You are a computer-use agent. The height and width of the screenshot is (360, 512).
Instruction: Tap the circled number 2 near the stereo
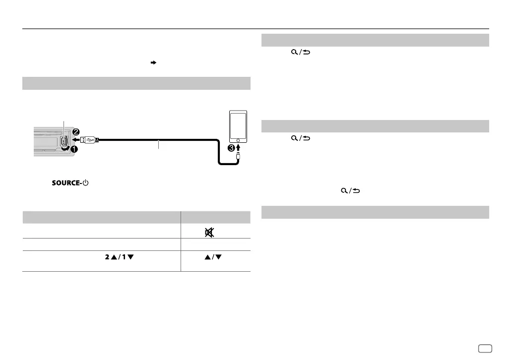click(x=76, y=132)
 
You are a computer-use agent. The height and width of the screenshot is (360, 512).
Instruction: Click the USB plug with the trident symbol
click(x=89, y=140)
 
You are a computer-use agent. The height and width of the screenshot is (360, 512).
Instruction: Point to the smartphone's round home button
click(x=239, y=141)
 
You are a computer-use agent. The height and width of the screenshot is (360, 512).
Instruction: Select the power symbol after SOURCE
click(x=85, y=183)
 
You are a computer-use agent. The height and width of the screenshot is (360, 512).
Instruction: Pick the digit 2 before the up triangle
click(x=106, y=257)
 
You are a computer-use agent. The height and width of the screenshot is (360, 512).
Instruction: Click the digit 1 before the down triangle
click(x=124, y=257)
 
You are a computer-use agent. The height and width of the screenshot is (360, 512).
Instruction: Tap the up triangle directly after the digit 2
click(x=114, y=257)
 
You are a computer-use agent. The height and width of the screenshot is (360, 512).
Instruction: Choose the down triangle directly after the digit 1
click(x=130, y=257)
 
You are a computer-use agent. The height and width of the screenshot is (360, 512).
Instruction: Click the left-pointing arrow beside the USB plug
click(x=73, y=140)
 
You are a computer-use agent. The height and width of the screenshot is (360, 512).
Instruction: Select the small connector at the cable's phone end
click(x=239, y=156)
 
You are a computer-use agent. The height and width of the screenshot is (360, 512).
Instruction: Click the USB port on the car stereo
click(x=64, y=141)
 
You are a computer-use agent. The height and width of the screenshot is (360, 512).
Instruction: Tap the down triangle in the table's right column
click(x=222, y=257)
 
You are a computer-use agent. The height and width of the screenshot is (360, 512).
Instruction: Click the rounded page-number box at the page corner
click(x=488, y=348)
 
